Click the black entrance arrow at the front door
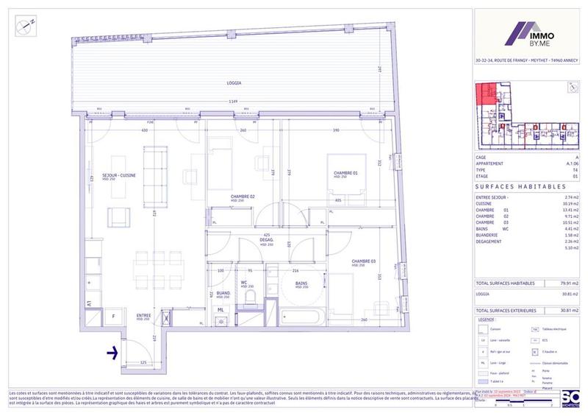(112, 353)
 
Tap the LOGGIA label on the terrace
(234, 84)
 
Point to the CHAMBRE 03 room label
(363, 261)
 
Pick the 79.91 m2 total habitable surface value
(566, 283)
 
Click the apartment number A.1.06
(570, 163)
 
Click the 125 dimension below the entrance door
(144, 363)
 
